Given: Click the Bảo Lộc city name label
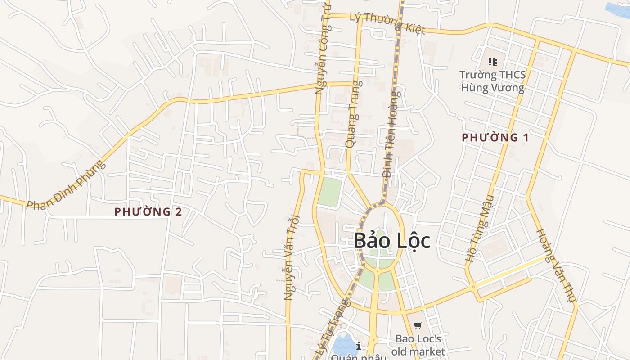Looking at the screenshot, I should click(x=391, y=241).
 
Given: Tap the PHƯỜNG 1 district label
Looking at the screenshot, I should click(x=495, y=138).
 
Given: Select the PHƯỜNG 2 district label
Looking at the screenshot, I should click(x=148, y=211).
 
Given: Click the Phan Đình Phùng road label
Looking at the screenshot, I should click(x=66, y=184).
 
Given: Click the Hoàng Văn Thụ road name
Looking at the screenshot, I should click(x=556, y=265).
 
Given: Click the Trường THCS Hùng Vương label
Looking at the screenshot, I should click(x=492, y=81).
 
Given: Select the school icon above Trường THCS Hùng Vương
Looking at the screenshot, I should click(x=492, y=61).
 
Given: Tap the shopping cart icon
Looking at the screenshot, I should click(x=418, y=325).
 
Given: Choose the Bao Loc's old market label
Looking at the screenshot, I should click(x=418, y=345).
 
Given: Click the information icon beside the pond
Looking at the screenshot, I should click(x=359, y=346).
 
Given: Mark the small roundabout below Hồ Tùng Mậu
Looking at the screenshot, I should click(x=473, y=286).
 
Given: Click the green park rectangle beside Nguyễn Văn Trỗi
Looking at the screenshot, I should click(x=331, y=192).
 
